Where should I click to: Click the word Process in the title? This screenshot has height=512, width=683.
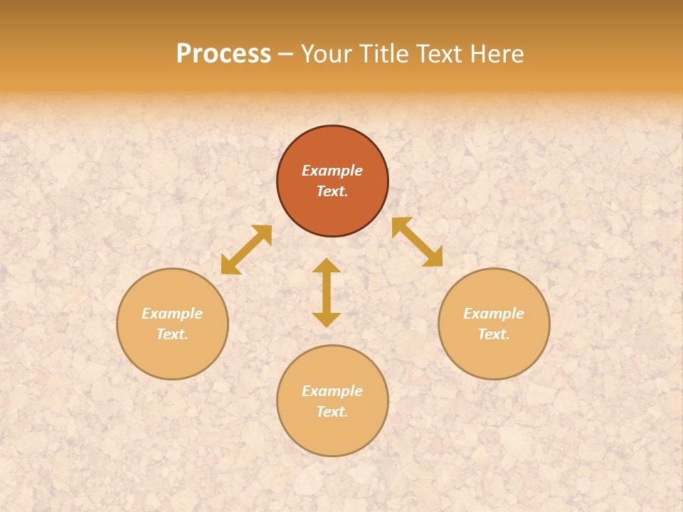223,53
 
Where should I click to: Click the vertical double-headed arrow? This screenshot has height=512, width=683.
327,292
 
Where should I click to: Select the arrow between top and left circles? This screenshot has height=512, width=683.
246,250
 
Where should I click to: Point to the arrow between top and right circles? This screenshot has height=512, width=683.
418,242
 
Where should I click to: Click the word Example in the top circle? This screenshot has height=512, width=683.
332,171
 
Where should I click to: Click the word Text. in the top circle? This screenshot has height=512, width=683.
332,191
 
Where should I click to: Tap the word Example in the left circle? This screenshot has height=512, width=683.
172,314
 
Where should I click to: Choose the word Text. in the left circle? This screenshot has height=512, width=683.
172,334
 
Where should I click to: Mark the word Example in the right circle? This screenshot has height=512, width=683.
494,314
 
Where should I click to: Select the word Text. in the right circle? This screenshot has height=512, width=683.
494,334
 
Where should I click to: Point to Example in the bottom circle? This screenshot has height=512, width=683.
332,391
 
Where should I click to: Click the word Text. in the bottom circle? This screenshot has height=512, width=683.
332,412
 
